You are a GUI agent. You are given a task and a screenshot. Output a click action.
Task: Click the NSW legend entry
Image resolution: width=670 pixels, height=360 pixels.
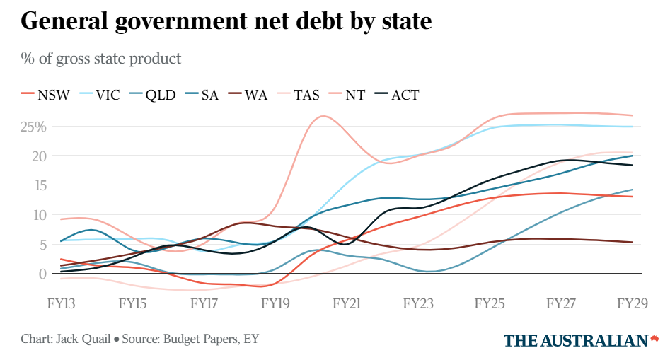(x=46, y=94)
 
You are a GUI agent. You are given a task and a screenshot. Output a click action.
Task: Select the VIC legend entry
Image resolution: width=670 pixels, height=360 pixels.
(x=100, y=94)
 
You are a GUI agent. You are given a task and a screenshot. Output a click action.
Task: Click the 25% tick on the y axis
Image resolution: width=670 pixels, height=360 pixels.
(x=33, y=127)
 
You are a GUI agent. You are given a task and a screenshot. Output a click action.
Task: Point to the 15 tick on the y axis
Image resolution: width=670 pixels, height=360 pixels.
(x=39, y=185)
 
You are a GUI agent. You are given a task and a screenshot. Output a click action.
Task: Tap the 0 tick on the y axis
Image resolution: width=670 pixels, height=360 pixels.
(x=42, y=274)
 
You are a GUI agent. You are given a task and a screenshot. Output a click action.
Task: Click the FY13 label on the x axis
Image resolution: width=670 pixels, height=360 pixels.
(x=62, y=304)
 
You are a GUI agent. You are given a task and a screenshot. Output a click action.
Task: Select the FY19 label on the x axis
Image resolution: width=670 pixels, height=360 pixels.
(x=276, y=304)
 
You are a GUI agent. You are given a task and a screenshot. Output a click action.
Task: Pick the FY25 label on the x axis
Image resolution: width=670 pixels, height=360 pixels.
(x=490, y=304)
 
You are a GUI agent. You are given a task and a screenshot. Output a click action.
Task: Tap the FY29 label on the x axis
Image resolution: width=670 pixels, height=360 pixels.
(x=633, y=304)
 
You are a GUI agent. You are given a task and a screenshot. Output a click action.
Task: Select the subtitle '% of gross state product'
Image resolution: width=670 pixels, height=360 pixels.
(x=101, y=58)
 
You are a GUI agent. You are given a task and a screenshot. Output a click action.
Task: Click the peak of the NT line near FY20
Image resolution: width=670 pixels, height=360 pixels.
(x=323, y=116)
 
